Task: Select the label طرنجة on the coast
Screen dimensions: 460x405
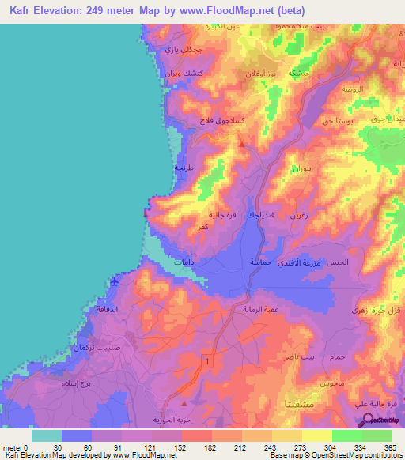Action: point(184,168)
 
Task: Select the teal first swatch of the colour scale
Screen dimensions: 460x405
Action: point(47,435)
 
